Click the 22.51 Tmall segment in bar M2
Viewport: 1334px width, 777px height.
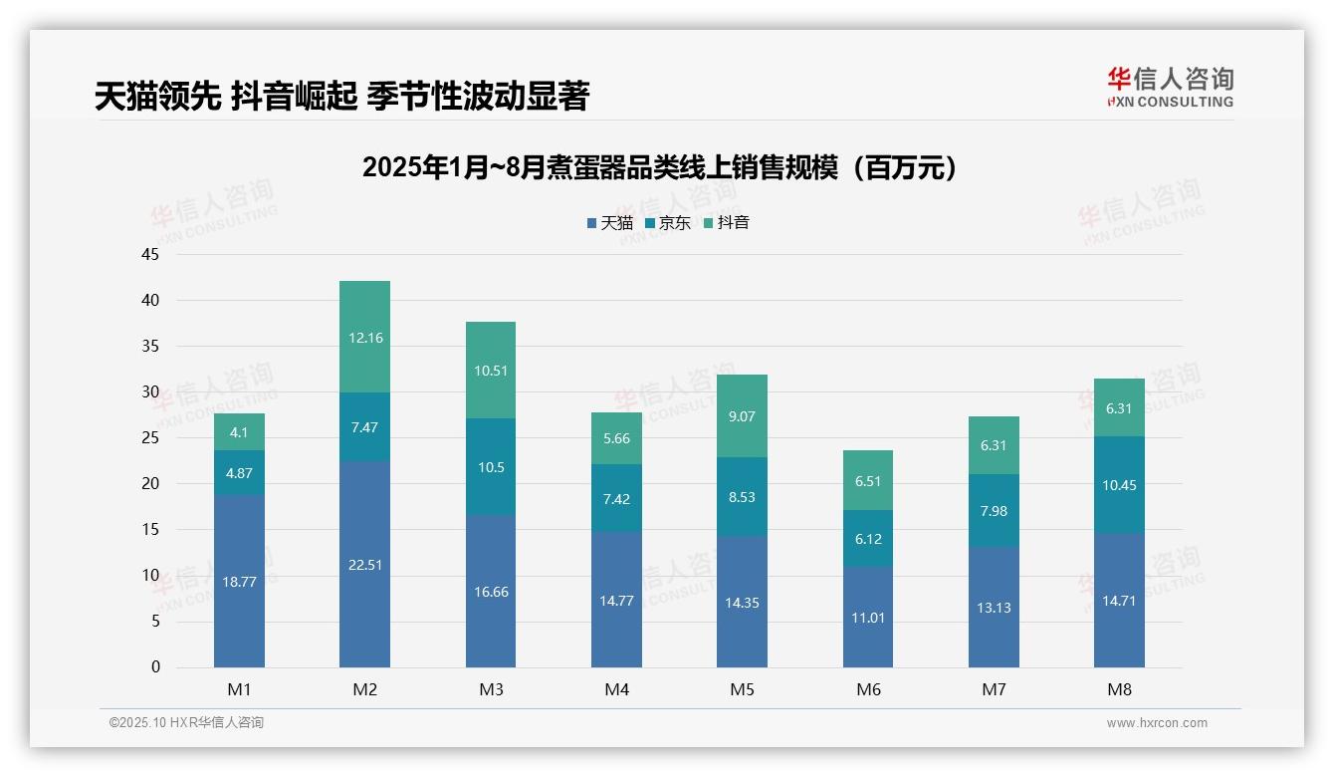[364, 564]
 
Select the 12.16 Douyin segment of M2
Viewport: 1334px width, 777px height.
[364, 338]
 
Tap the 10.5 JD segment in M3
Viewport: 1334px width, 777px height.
[491, 466]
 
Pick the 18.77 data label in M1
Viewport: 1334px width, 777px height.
[239, 582]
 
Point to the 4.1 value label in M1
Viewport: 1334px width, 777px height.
[239, 432]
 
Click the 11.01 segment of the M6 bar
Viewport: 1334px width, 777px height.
[868, 618]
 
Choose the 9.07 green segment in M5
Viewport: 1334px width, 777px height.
[742, 416]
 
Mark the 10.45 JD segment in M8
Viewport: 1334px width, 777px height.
[1119, 485]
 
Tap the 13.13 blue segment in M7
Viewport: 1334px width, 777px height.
[994, 607]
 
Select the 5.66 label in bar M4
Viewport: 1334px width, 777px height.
[616, 438]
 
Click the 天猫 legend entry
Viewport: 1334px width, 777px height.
[609, 222]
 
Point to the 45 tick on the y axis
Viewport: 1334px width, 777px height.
[150, 254]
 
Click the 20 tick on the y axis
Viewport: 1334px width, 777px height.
[150, 483]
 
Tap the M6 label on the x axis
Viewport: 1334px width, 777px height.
[868, 689]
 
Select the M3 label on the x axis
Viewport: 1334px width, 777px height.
[491, 689]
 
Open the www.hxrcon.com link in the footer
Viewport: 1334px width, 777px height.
[1157, 723]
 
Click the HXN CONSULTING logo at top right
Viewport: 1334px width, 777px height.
[1170, 88]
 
